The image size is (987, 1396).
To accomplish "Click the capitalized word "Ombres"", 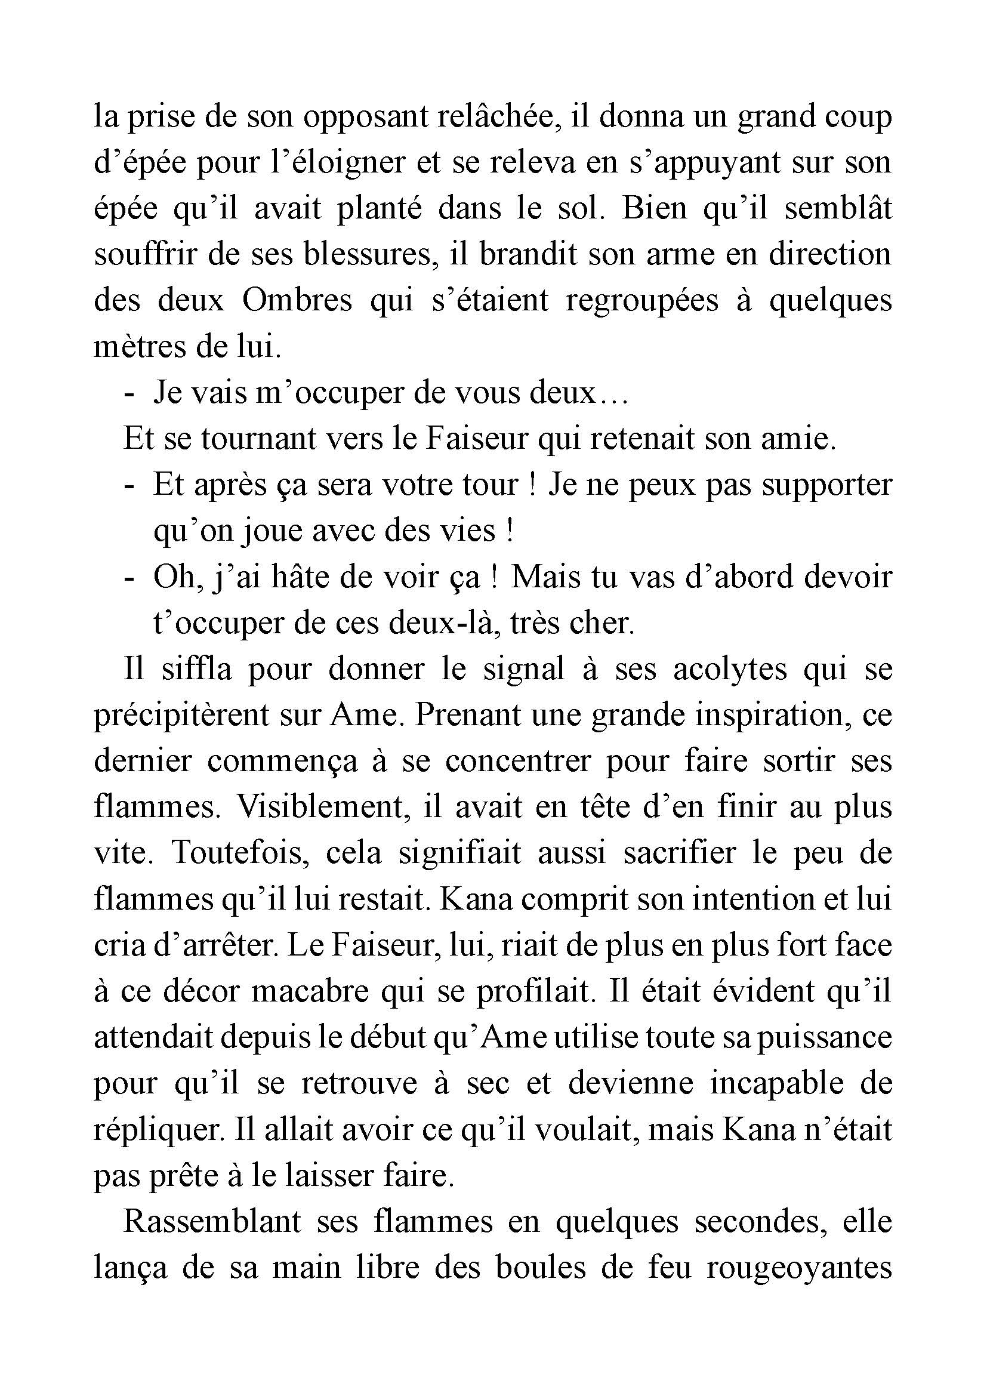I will [x=297, y=300].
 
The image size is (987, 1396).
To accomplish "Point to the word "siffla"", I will [x=197, y=669].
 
